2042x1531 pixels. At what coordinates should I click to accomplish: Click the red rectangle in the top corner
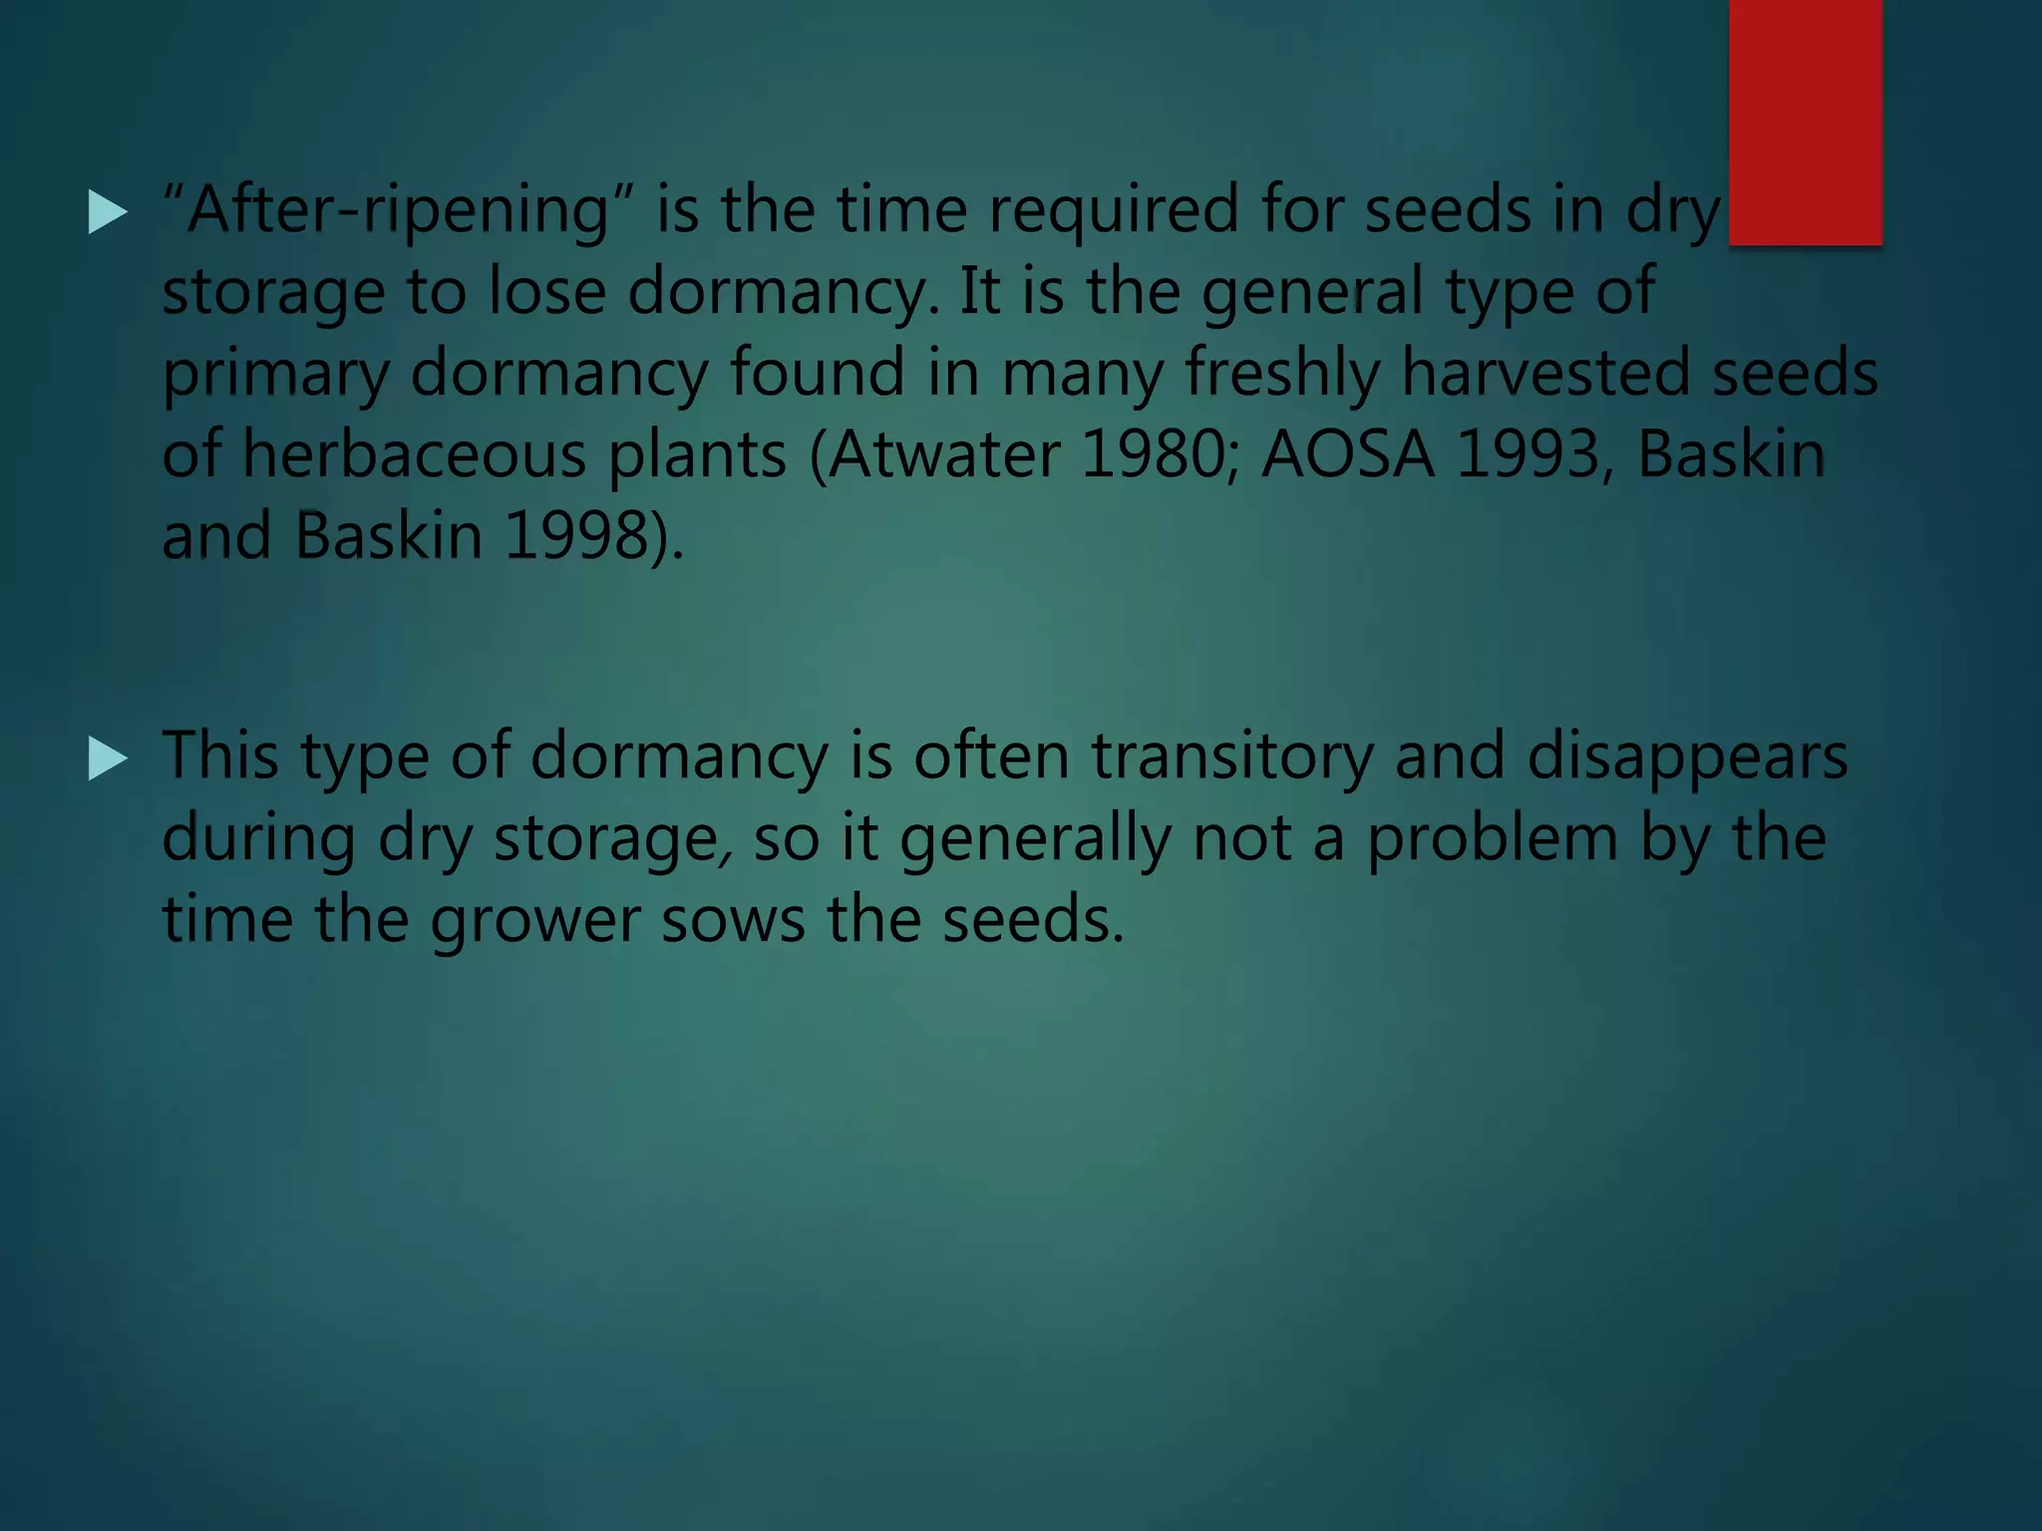coord(1805,122)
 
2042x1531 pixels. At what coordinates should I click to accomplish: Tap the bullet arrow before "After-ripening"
coord(108,212)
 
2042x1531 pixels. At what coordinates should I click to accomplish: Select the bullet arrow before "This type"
coord(108,759)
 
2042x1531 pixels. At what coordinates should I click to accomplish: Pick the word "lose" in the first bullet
coord(546,292)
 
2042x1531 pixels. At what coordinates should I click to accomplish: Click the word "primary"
coord(275,374)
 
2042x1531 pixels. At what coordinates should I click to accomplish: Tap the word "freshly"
coord(1281,374)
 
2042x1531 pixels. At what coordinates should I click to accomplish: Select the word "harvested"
coord(1544,374)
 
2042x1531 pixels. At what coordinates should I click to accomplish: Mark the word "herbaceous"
coord(415,456)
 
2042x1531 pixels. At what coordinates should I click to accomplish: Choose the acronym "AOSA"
coord(1347,456)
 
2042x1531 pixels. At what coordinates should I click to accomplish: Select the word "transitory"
coord(1231,757)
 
